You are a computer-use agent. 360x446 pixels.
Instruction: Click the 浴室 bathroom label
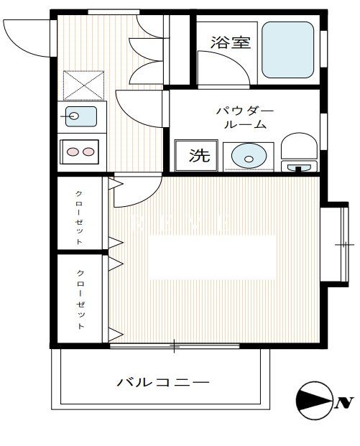tap(231, 42)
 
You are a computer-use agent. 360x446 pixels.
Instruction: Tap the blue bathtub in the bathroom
tap(287, 49)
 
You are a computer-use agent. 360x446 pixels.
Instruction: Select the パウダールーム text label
tap(245, 118)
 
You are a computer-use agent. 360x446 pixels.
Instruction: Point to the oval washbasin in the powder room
tap(247, 155)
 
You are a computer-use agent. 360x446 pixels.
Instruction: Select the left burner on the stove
tap(73, 152)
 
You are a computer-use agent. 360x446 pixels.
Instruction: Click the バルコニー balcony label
tap(164, 383)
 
